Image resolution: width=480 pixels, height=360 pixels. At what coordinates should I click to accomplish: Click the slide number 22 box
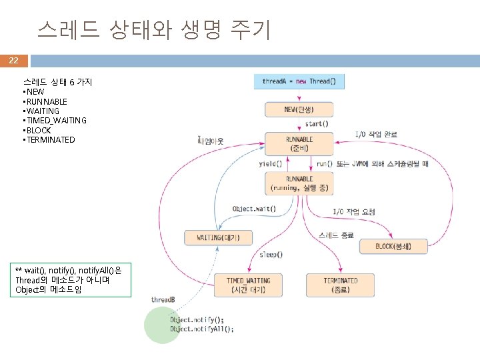tap(14, 61)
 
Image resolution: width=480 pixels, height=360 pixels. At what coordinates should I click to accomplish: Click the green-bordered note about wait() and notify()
tap(74, 279)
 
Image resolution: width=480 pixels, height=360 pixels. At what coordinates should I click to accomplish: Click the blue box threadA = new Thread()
tap(299, 81)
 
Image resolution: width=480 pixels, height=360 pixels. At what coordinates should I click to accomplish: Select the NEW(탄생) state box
tap(299, 109)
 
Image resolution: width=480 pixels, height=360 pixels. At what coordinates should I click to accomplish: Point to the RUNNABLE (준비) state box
tap(299, 144)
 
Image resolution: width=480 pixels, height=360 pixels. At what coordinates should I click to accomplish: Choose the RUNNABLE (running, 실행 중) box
tap(299, 183)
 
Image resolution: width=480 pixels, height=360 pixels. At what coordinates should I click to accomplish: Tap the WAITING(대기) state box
tap(218, 237)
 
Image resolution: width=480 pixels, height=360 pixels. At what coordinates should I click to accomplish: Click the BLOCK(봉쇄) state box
tap(393, 247)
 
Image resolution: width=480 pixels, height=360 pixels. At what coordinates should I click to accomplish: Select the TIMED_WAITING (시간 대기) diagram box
tap(248, 285)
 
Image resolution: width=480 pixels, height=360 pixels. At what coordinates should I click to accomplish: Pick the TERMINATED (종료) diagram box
tap(340, 285)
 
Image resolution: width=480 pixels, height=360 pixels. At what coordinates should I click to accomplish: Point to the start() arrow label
tap(316, 124)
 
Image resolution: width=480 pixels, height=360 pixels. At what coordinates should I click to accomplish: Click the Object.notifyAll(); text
tap(202, 329)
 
